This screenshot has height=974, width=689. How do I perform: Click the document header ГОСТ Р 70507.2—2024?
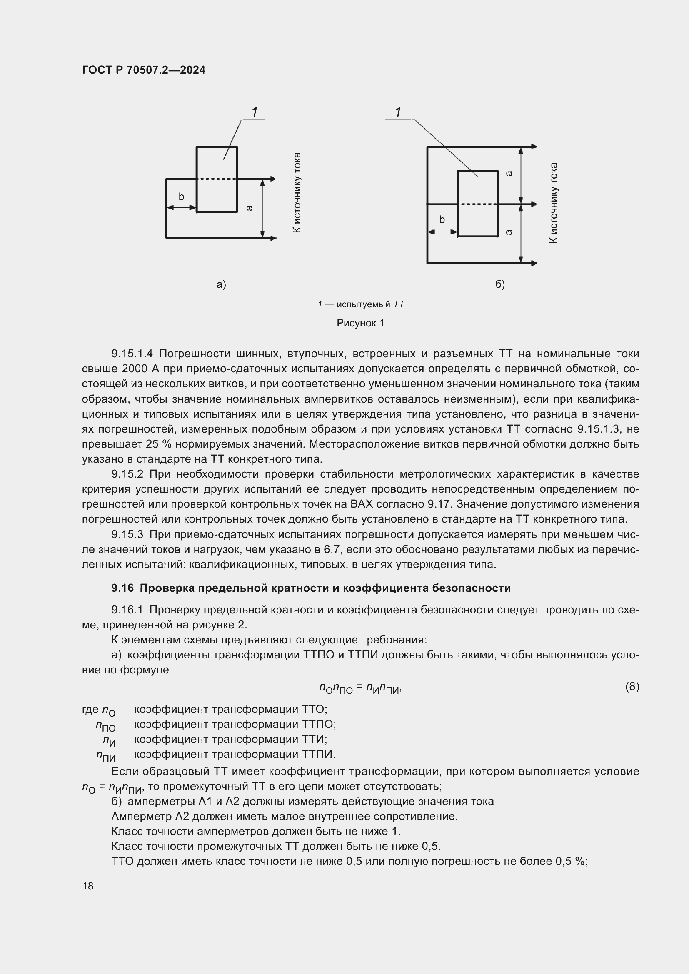143,70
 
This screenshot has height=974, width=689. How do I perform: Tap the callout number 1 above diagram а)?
255,112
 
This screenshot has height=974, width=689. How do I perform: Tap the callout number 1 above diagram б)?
398,112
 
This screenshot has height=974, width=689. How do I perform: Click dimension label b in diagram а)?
181,197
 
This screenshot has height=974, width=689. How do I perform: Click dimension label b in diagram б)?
442,220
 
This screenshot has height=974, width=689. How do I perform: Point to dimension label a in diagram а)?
250,208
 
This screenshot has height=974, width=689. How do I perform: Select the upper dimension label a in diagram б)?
509,174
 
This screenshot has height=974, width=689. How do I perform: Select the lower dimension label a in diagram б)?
509,232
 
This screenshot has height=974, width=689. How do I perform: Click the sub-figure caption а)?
221,285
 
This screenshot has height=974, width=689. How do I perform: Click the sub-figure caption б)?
500,285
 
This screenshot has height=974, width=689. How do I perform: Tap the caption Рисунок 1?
360,323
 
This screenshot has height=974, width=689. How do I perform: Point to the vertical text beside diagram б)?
554,203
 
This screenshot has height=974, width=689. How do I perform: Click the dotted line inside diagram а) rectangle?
217,179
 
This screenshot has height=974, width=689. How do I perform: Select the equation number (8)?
632,686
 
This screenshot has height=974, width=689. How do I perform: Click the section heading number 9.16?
122,588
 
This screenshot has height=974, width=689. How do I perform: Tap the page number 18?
88,886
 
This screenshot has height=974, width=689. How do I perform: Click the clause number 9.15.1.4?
132,354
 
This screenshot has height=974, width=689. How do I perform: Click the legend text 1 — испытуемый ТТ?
361,304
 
